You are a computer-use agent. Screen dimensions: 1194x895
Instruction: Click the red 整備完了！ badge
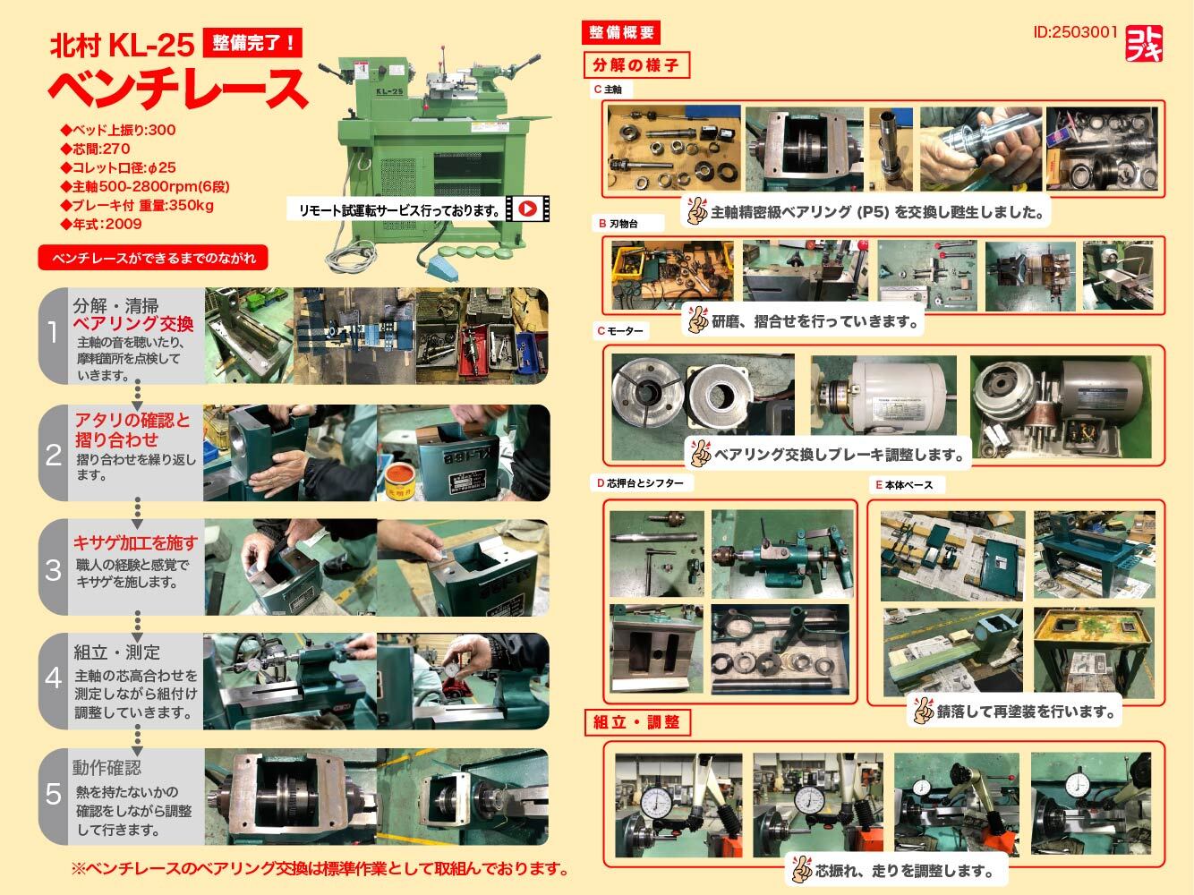tap(252, 42)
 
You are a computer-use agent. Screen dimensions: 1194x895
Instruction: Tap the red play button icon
tap(527, 209)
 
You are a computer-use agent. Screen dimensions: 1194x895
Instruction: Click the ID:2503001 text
tap(1075, 32)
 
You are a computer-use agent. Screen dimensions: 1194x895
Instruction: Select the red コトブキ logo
tap(1144, 44)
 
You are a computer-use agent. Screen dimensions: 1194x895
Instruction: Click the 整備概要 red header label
tap(621, 32)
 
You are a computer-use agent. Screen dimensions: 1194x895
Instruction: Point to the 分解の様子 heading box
tap(636, 65)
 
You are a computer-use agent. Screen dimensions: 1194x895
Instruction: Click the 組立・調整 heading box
tap(637, 722)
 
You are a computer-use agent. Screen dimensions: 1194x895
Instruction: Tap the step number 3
tap(53, 570)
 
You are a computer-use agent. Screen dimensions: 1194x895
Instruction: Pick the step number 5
tap(54, 795)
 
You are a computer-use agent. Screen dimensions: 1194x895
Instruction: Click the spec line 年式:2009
tap(102, 224)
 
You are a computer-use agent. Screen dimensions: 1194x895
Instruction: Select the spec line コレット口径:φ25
tap(118, 167)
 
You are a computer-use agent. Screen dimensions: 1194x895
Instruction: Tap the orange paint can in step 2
tap(401, 482)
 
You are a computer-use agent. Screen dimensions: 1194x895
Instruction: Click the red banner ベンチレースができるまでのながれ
tap(153, 258)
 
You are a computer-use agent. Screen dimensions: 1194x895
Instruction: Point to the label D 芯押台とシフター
tap(640, 482)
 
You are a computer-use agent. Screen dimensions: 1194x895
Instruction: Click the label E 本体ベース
tap(904, 485)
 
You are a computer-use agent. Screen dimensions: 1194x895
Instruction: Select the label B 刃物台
tap(618, 224)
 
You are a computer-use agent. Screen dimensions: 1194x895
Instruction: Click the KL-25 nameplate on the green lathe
tap(389, 91)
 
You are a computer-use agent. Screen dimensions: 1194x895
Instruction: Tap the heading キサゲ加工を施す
tap(135, 542)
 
